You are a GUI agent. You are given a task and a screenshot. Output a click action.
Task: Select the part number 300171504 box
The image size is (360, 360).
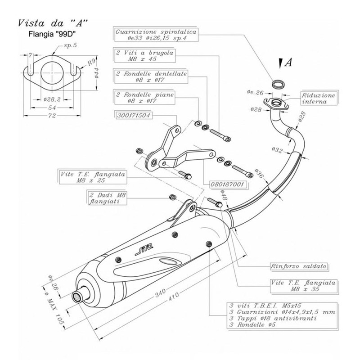[x=133, y=115]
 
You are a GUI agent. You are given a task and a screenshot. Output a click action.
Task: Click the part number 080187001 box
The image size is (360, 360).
[x=227, y=184]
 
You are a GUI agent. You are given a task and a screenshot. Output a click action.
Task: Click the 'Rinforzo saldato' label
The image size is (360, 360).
[x=298, y=265]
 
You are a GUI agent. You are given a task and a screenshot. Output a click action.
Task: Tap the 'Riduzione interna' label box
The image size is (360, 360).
[x=319, y=99]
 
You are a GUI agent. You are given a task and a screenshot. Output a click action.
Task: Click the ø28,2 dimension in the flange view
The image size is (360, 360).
[x=53, y=99]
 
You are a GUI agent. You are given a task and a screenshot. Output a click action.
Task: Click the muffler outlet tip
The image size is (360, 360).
[x=78, y=297]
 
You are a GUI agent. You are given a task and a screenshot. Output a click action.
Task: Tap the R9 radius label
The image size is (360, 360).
[x=90, y=63]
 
